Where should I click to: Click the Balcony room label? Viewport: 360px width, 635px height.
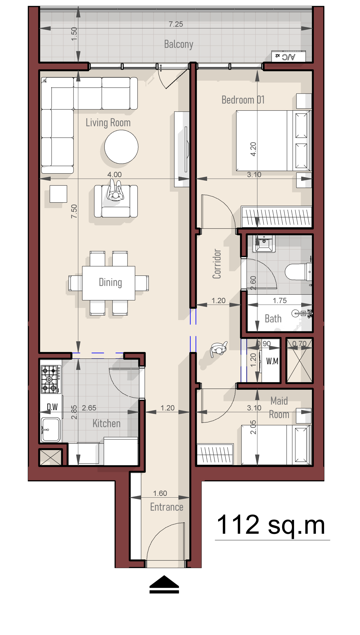click(x=178, y=44)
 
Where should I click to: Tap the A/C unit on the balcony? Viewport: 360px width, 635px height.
click(x=289, y=56)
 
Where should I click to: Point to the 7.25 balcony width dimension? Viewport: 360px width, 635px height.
click(x=176, y=24)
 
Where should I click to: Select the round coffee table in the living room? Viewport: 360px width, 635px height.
click(x=121, y=147)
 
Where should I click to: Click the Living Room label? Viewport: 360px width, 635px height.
click(x=108, y=122)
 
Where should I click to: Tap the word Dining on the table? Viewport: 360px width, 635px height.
click(x=110, y=282)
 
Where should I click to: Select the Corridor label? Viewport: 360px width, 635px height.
click(x=217, y=264)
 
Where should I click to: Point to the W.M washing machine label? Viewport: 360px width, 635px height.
click(x=272, y=361)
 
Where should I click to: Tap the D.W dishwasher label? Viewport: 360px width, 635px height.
click(x=52, y=407)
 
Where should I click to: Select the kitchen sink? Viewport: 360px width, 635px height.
click(x=51, y=430)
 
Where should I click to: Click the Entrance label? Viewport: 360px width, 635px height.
click(x=166, y=507)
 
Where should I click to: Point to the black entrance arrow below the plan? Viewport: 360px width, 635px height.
click(x=164, y=584)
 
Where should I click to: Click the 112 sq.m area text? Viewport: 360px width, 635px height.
click(x=271, y=525)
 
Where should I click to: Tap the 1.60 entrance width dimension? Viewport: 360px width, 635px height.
click(x=160, y=493)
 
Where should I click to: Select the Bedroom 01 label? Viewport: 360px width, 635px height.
click(x=243, y=100)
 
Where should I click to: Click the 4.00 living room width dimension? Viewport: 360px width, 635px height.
click(x=115, y=174)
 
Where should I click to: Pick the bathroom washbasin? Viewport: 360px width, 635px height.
click(x=264, y=243)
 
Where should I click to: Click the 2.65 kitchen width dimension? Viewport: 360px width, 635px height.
click(x=89, y=408)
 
